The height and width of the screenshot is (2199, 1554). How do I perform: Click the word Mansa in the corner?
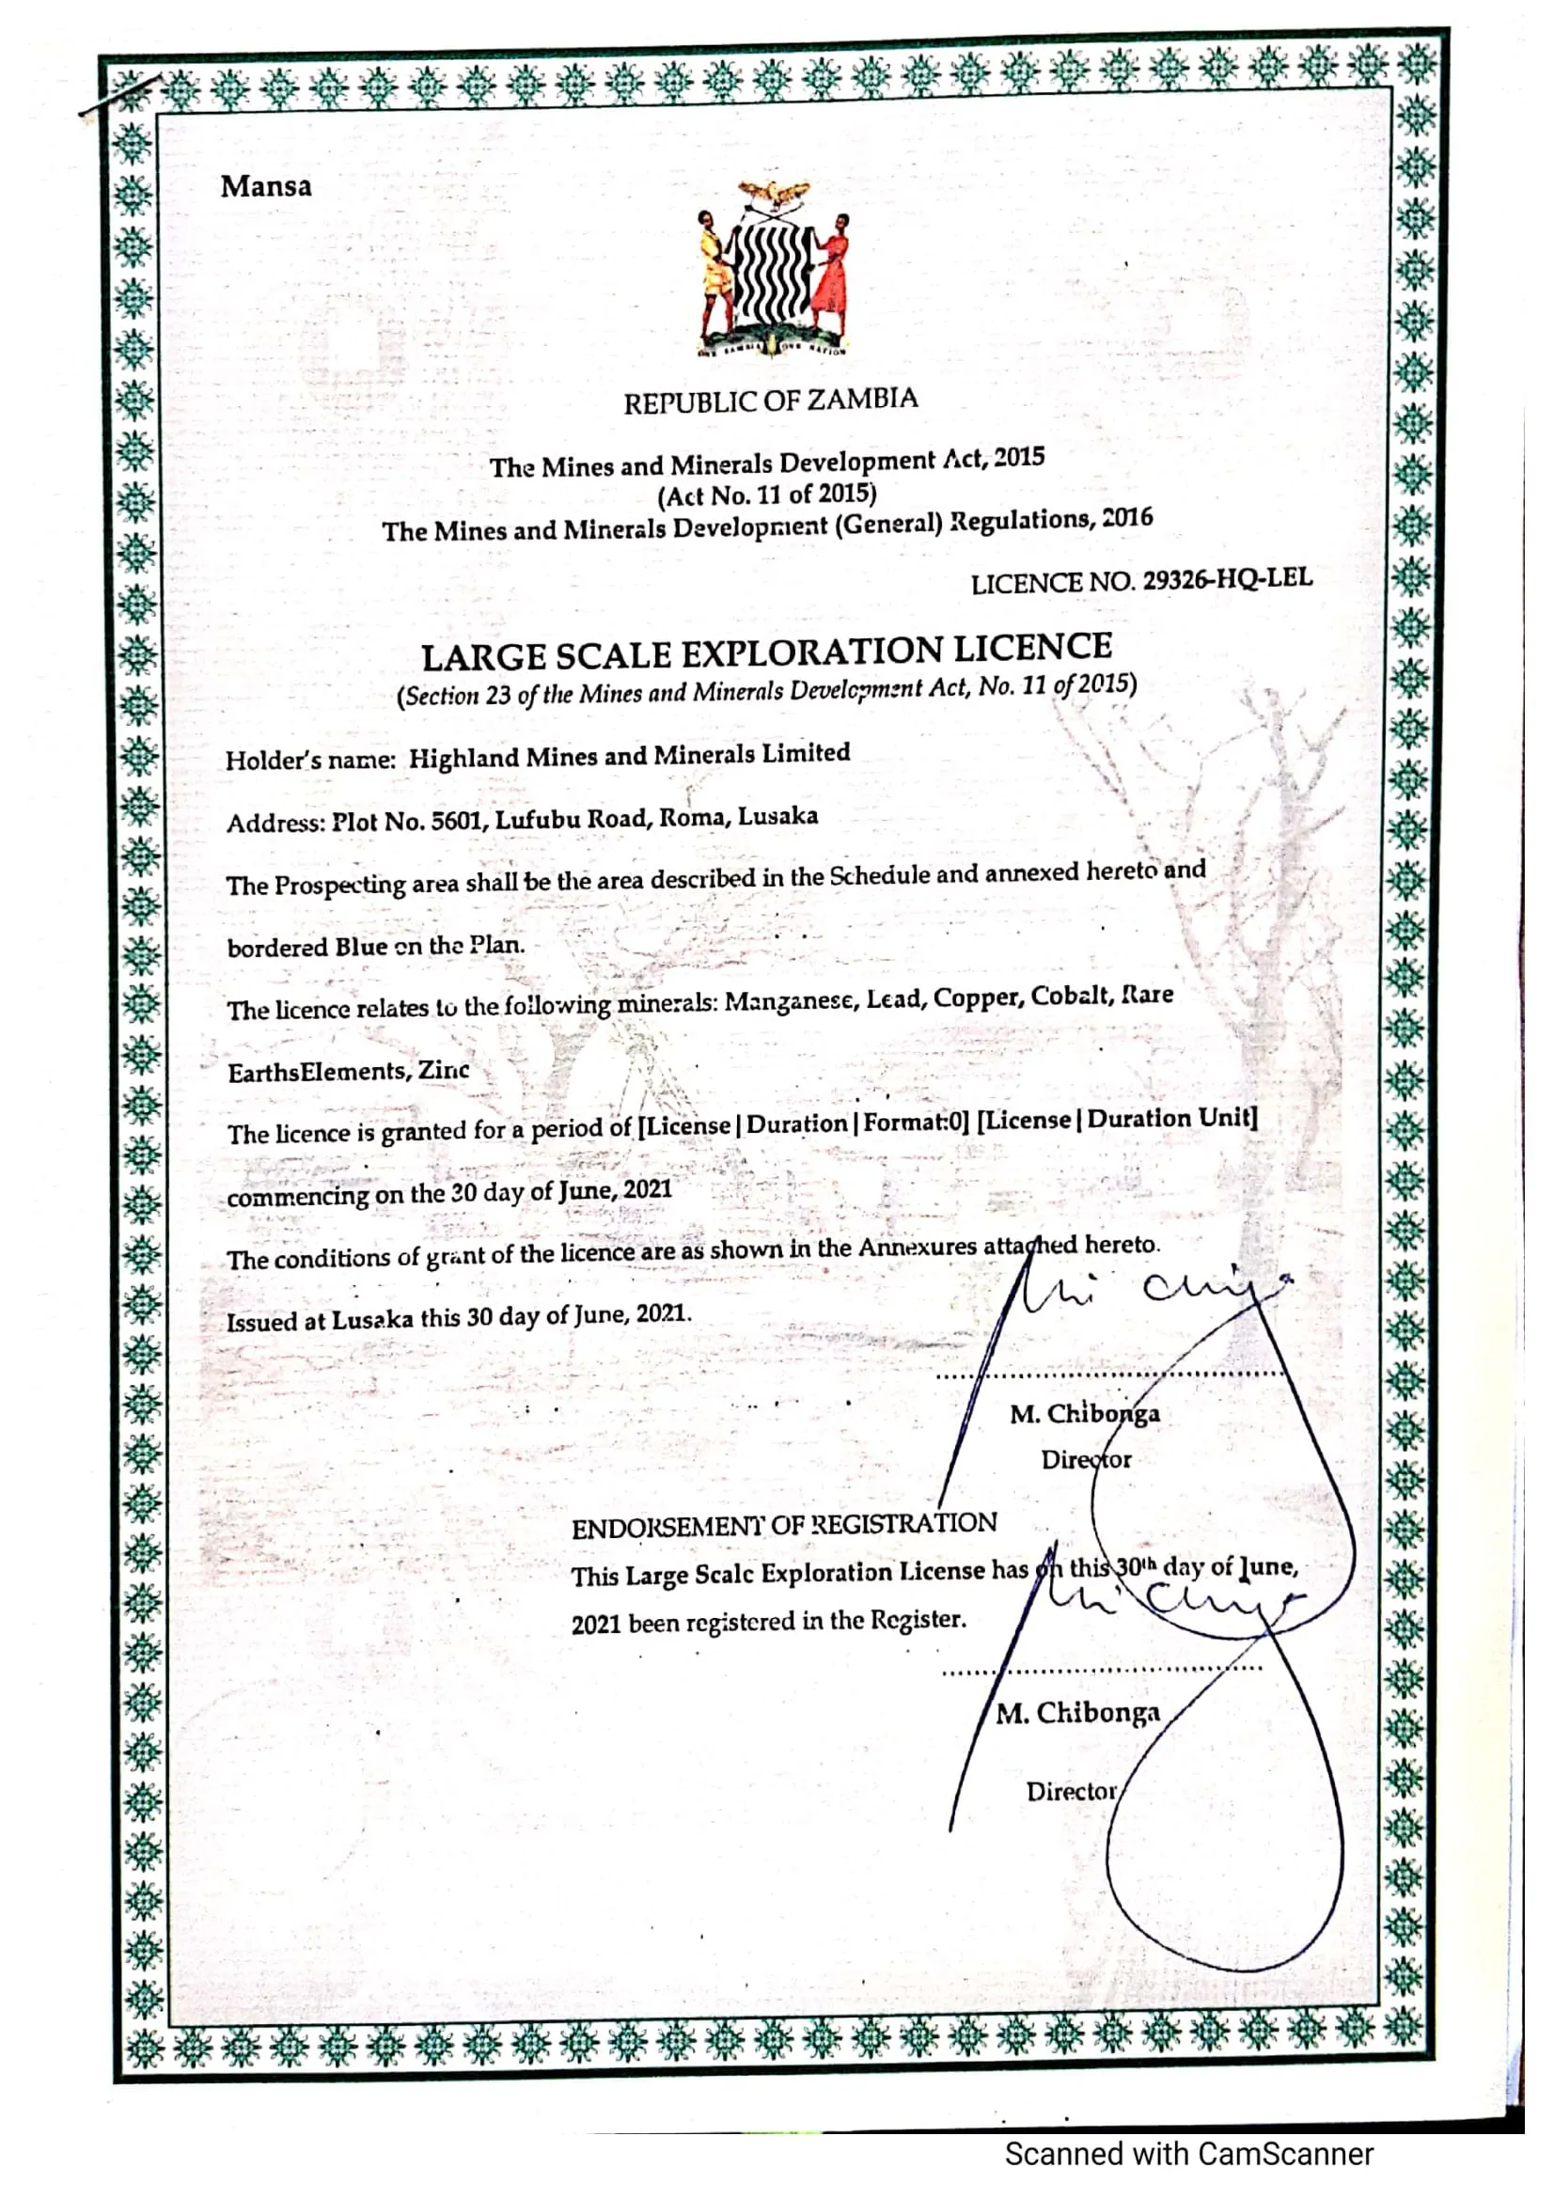coord(266,186)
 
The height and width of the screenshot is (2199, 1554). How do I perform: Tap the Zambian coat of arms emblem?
coord(772,269)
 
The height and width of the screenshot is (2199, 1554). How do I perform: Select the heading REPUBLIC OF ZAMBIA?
coord(771,401)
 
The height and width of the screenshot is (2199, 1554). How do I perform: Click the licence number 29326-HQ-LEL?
coord(1228,579)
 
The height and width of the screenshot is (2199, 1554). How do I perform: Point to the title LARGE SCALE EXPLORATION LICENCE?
coord(766,652)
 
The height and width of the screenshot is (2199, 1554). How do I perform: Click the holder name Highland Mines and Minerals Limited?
coord(629,756)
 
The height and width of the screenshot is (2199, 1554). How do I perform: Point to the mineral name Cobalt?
coord(1069,996)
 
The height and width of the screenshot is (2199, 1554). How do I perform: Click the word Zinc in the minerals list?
coord(444,1070)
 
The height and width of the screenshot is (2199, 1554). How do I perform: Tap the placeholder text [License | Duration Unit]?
coord(1117,1120)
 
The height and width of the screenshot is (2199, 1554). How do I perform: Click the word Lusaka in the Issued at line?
coord(372,1320)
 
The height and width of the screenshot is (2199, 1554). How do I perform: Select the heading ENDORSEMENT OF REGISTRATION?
coord(784,1525)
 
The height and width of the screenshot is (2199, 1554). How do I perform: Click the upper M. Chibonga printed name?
coord(1084,1415)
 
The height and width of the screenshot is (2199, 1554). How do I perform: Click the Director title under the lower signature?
coord(1072,1791)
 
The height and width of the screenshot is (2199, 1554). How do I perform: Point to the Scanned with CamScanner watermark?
coord(1188,2154)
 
